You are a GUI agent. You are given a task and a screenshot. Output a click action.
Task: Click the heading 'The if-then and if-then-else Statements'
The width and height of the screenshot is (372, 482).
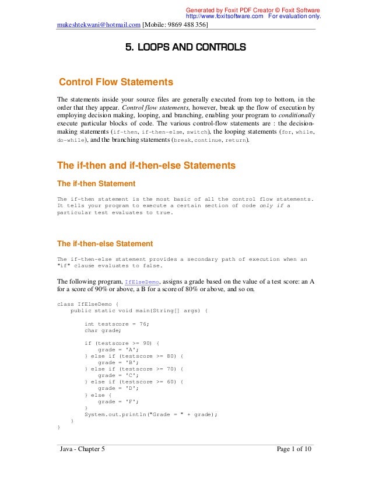coord(146,166)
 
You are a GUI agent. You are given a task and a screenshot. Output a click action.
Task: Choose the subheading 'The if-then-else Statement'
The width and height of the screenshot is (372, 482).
coord(104,243)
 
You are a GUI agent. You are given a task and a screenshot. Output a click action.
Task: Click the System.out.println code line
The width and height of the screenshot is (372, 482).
coord(150,414)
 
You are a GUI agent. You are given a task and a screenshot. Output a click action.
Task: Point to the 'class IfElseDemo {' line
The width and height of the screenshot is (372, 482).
coord(87,304)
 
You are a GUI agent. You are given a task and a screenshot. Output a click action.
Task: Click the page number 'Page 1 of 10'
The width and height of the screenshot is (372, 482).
coord(294,448)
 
